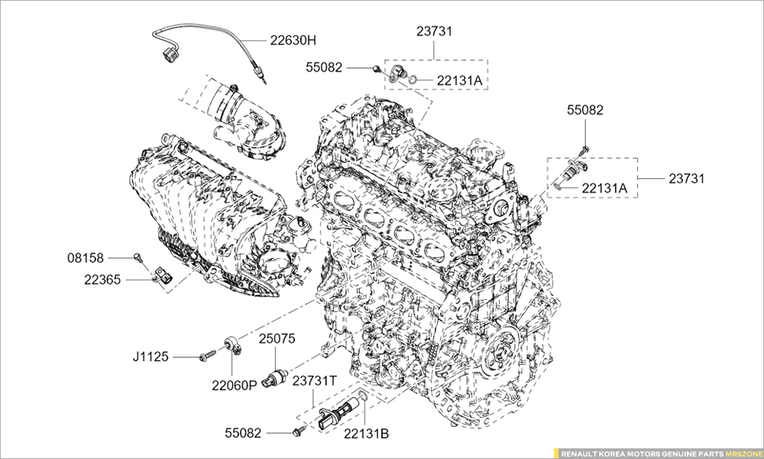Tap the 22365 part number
(x=102, y=280)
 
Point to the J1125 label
(x=151, y=356)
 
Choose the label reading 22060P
(x=235, y=386)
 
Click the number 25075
(x=277, y=338)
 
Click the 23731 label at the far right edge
(x=687, y=178)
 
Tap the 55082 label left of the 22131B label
(x=243, y=433)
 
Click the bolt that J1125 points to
(x=206, y=356)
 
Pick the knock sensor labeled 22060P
(x=234, y=347)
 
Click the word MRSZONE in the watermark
(x=742, y=453)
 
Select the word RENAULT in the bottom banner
(x=580, y=453)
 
